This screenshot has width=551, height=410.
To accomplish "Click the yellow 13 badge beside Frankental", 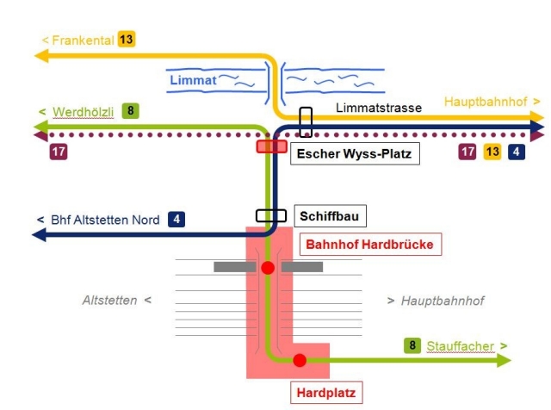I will click(x=127, y=40).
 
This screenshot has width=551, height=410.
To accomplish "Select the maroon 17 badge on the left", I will click(x=59, y=152).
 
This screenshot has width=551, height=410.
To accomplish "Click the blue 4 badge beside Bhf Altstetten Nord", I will click(x=176, y=220).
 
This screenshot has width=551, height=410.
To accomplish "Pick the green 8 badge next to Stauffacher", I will click(x=413, y=346).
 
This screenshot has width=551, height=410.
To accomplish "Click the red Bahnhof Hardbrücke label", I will click(x=368, y=245).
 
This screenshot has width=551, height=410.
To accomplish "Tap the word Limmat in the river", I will click(x=191, y=80).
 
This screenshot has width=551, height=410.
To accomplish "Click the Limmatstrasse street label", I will click(x=379, y=108).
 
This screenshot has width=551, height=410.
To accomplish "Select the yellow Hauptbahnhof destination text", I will click(x=486, y=102).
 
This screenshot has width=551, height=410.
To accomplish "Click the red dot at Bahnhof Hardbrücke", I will click(x=268, y=268).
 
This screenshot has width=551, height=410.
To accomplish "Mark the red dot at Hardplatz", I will click(x=300, y=360).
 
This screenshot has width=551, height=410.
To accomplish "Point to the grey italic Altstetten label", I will click(x=110, y=301).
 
